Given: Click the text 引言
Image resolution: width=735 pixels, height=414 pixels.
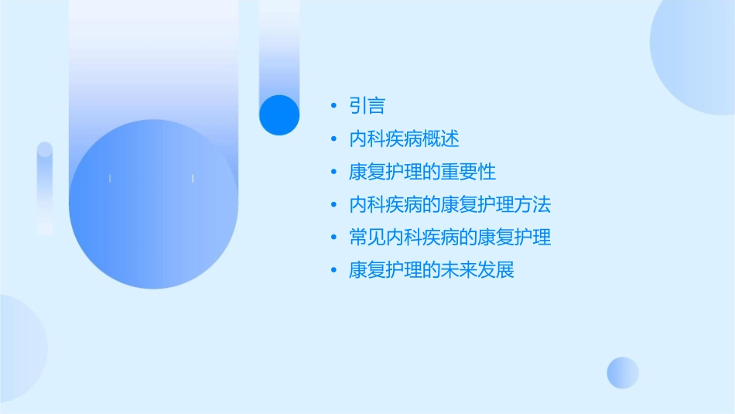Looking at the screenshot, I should [x=367, y=106].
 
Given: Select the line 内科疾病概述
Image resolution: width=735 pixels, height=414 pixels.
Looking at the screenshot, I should [x=404, y=139].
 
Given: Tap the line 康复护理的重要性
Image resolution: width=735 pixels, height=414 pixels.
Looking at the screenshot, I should [x=422, y=172].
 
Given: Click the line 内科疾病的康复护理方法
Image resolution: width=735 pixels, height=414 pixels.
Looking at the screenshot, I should [x=450, y=205].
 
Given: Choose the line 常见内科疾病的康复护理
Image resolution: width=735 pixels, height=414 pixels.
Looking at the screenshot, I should [x=450, y=238].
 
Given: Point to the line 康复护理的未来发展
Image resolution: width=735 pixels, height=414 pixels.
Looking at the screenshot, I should [x=431, y=271].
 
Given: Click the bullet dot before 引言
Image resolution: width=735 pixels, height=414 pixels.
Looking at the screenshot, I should [x=333, y=106].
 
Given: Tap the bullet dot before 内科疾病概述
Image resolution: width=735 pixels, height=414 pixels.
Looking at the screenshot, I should [x=333, y=139].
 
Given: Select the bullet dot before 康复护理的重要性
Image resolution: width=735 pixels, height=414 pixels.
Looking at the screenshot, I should [x=333, y=172].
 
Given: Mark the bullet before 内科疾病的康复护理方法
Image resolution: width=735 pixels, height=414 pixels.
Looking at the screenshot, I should [x=333, y=205].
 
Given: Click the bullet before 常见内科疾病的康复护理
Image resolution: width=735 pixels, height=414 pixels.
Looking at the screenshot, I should [x=333, y=238].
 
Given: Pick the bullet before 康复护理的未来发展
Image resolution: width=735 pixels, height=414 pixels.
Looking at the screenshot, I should [x=333, y=271].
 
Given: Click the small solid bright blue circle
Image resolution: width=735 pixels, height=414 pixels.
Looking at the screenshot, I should [x=279, y=115].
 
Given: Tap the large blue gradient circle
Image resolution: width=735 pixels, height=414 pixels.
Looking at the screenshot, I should [x=153, y=204].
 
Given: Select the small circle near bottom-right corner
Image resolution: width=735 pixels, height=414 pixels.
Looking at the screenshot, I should [x=623, y=372].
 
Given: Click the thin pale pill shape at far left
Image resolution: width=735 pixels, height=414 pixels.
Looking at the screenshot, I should [x=45, y=188].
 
